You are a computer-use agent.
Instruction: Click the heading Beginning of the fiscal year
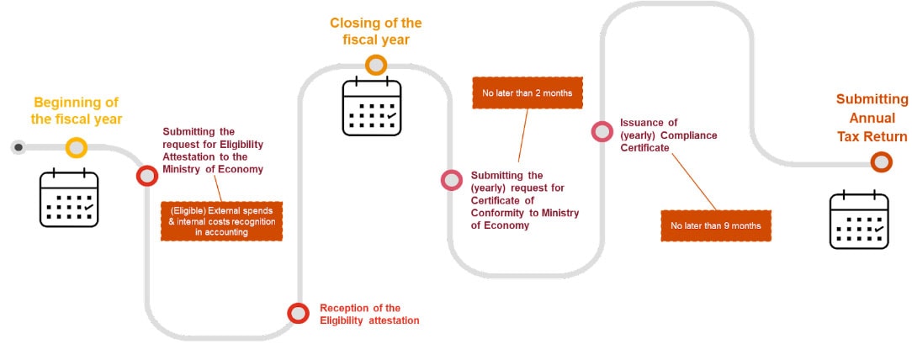pyautogui.click(x=77, y=111)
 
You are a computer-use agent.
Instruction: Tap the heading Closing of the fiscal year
pyautogui.click(x=375, y=31)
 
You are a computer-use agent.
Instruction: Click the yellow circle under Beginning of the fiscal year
pyautogui.click(x=77, y=147)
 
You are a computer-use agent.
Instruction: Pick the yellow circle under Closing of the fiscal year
pyautogui.click(x=376, y=64)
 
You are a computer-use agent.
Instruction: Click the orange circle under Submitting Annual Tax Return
pyautogui.click(x=881, y=162)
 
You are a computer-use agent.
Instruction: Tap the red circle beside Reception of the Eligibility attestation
pyautogui.click(x=298, y=314)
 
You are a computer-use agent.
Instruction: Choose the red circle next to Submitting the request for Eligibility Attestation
pyautogui.click(x=147, y=176)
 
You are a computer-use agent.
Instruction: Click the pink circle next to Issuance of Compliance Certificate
pyautogui.click(x=602, y=130)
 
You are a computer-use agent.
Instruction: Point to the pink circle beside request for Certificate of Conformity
pyautogui.click(x=452, y=179)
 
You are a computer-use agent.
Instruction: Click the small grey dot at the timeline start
pyautogui.click(x=18, y=147)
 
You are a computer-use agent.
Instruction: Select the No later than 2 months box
pyautogui.click(x=528, y=93)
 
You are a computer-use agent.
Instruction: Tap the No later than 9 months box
pyautogui.click(x=716, y=225)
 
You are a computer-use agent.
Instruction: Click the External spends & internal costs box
pyautogui.click(x=221, y=220)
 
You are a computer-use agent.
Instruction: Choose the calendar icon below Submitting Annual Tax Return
pyautogui.click(x=859, y=220)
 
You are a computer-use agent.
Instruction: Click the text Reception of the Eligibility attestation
pyautogui.click(x=369, y=314)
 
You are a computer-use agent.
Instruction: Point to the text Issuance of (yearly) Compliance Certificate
pyautogui.click(x=668, y=135)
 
